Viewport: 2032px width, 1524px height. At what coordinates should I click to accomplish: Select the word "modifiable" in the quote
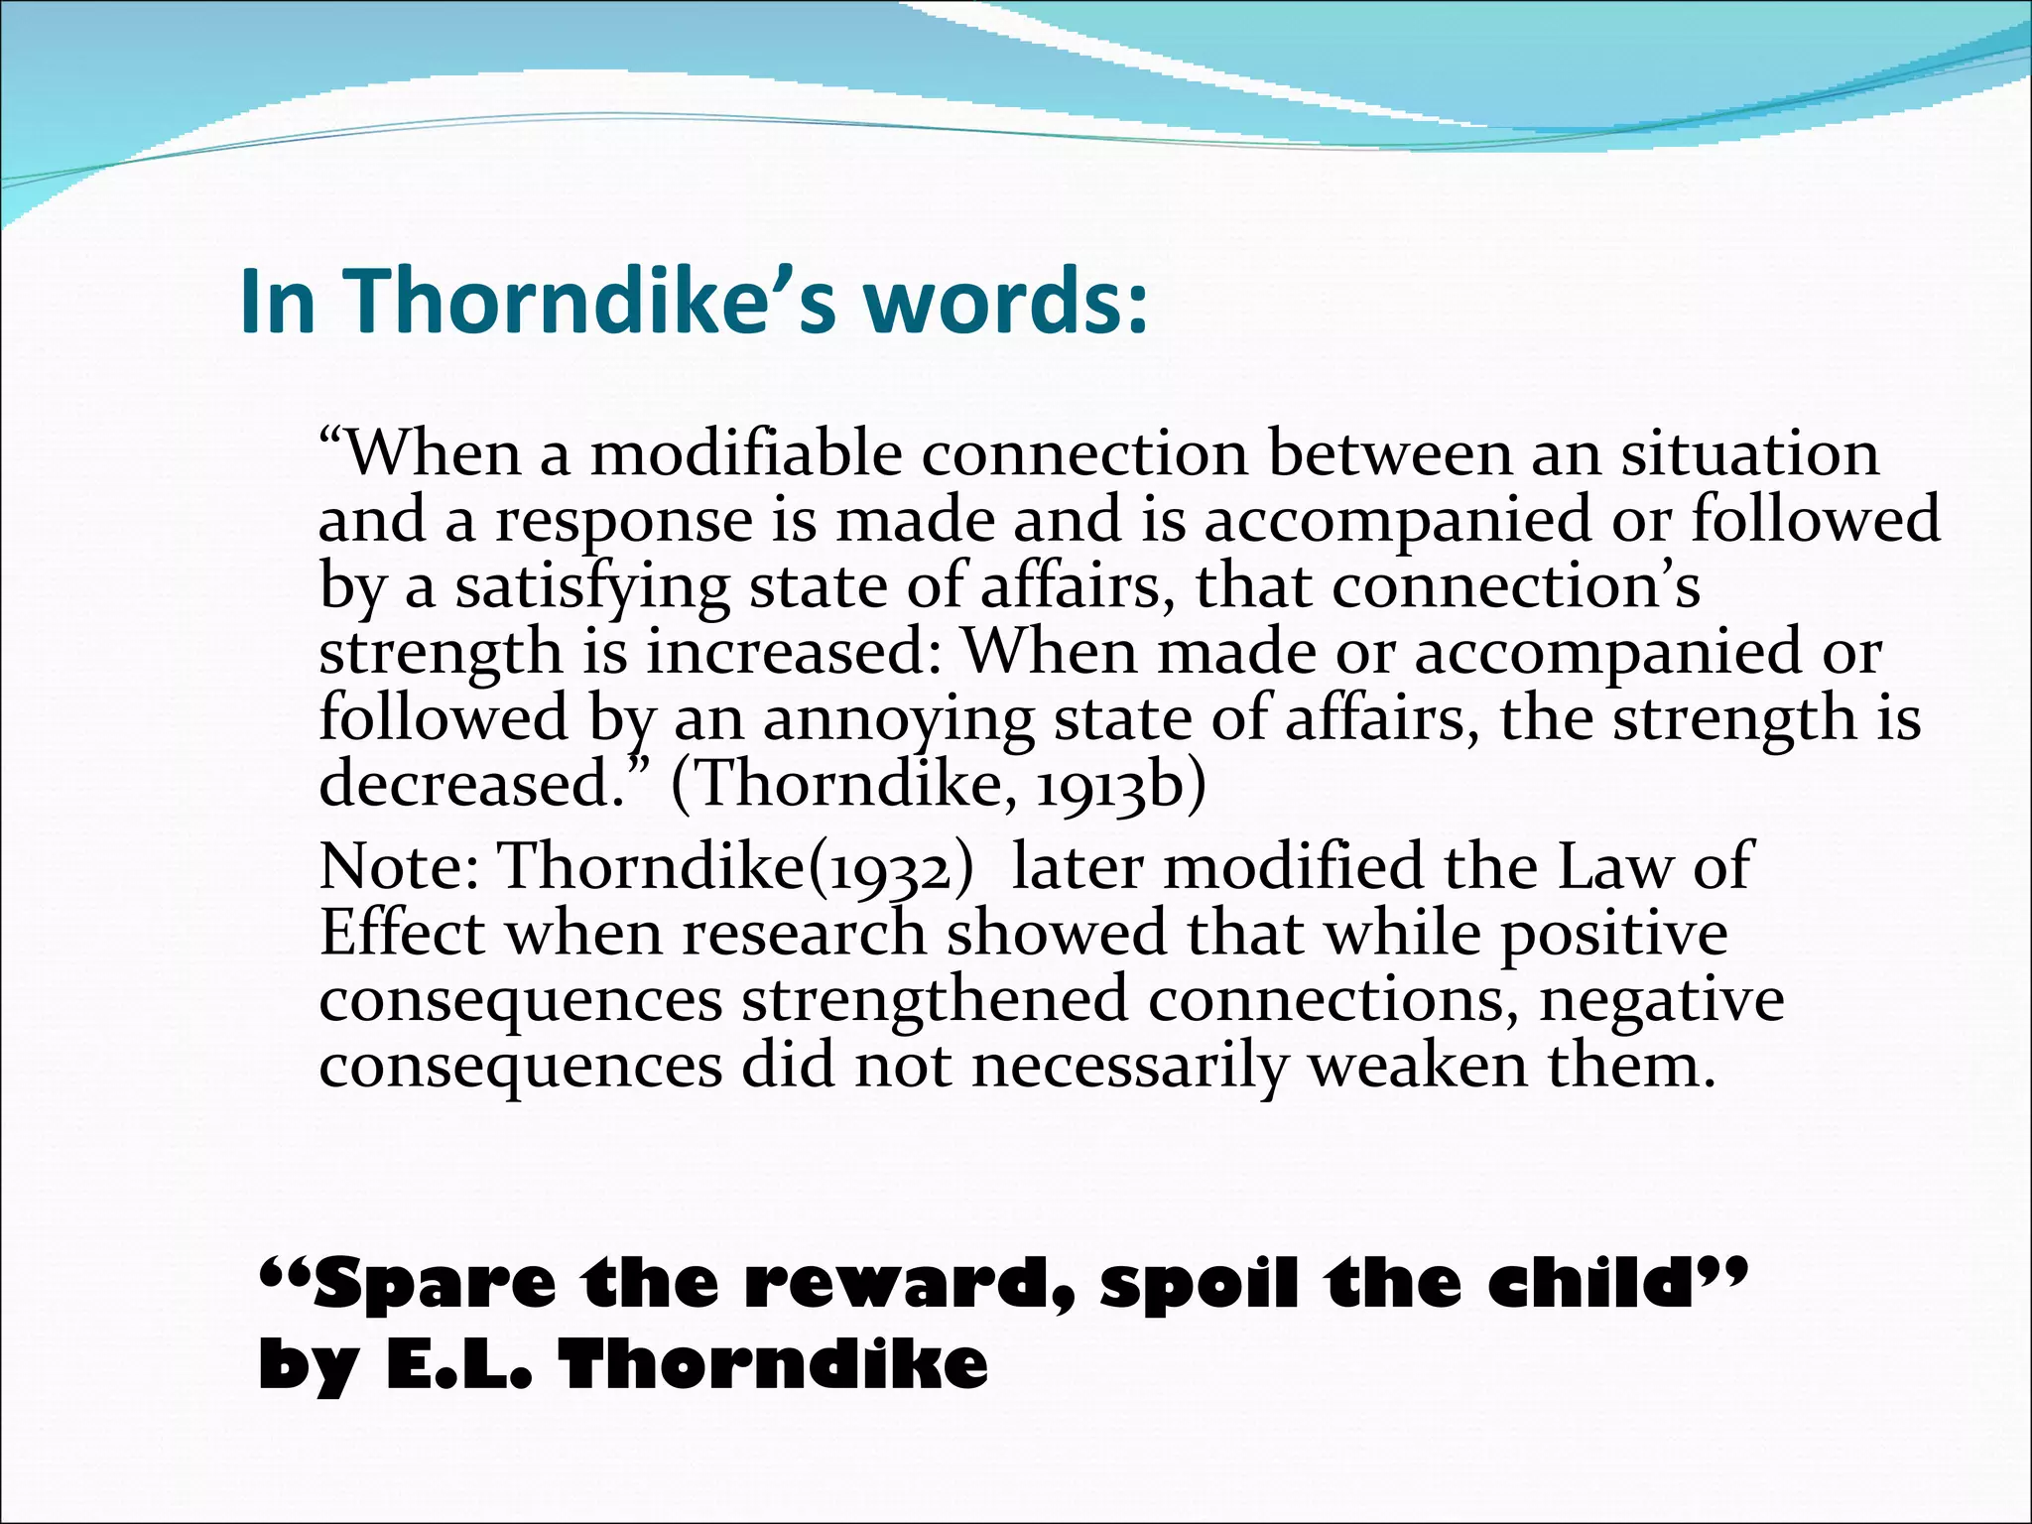(x=746, y=453)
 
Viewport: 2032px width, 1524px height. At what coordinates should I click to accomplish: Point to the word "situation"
(x=1750, y=453)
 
